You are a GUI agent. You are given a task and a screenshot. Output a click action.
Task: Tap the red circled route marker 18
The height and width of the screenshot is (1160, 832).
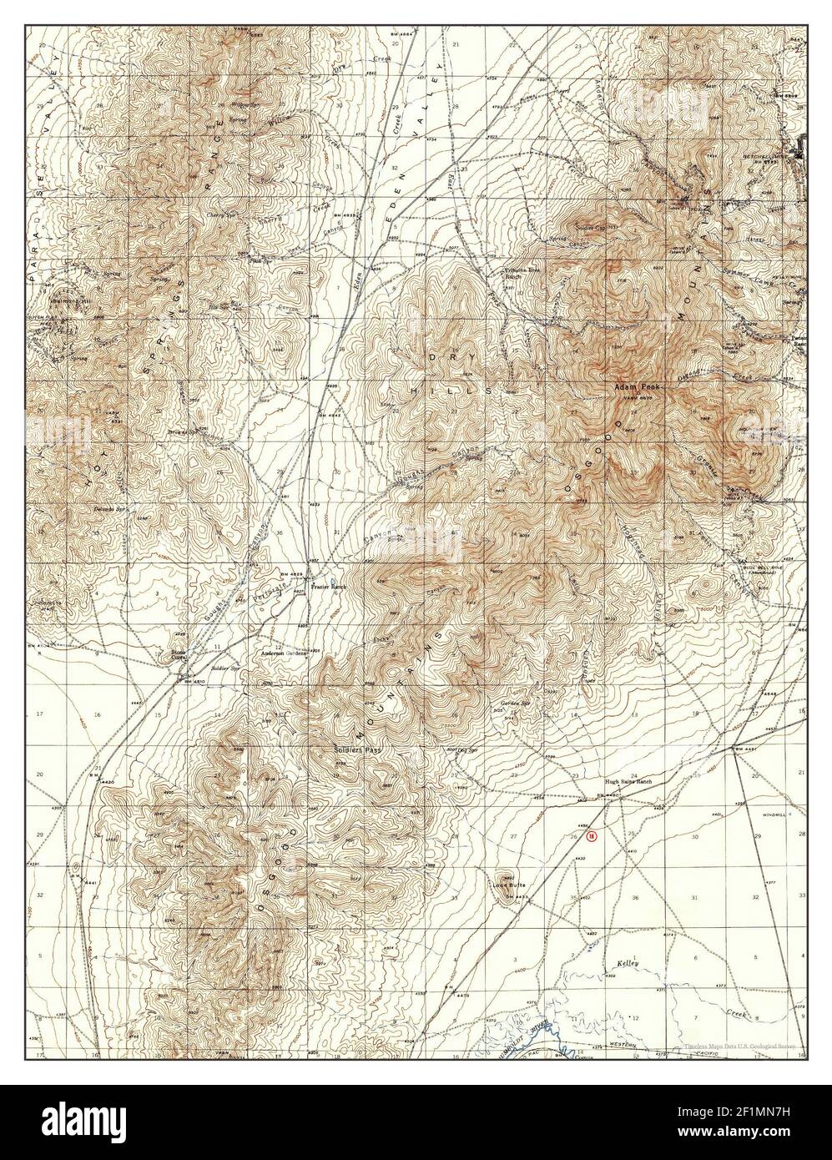(x=591, y=835)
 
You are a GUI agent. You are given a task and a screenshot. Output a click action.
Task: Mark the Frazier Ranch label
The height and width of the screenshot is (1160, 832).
(x=328, y=587)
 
